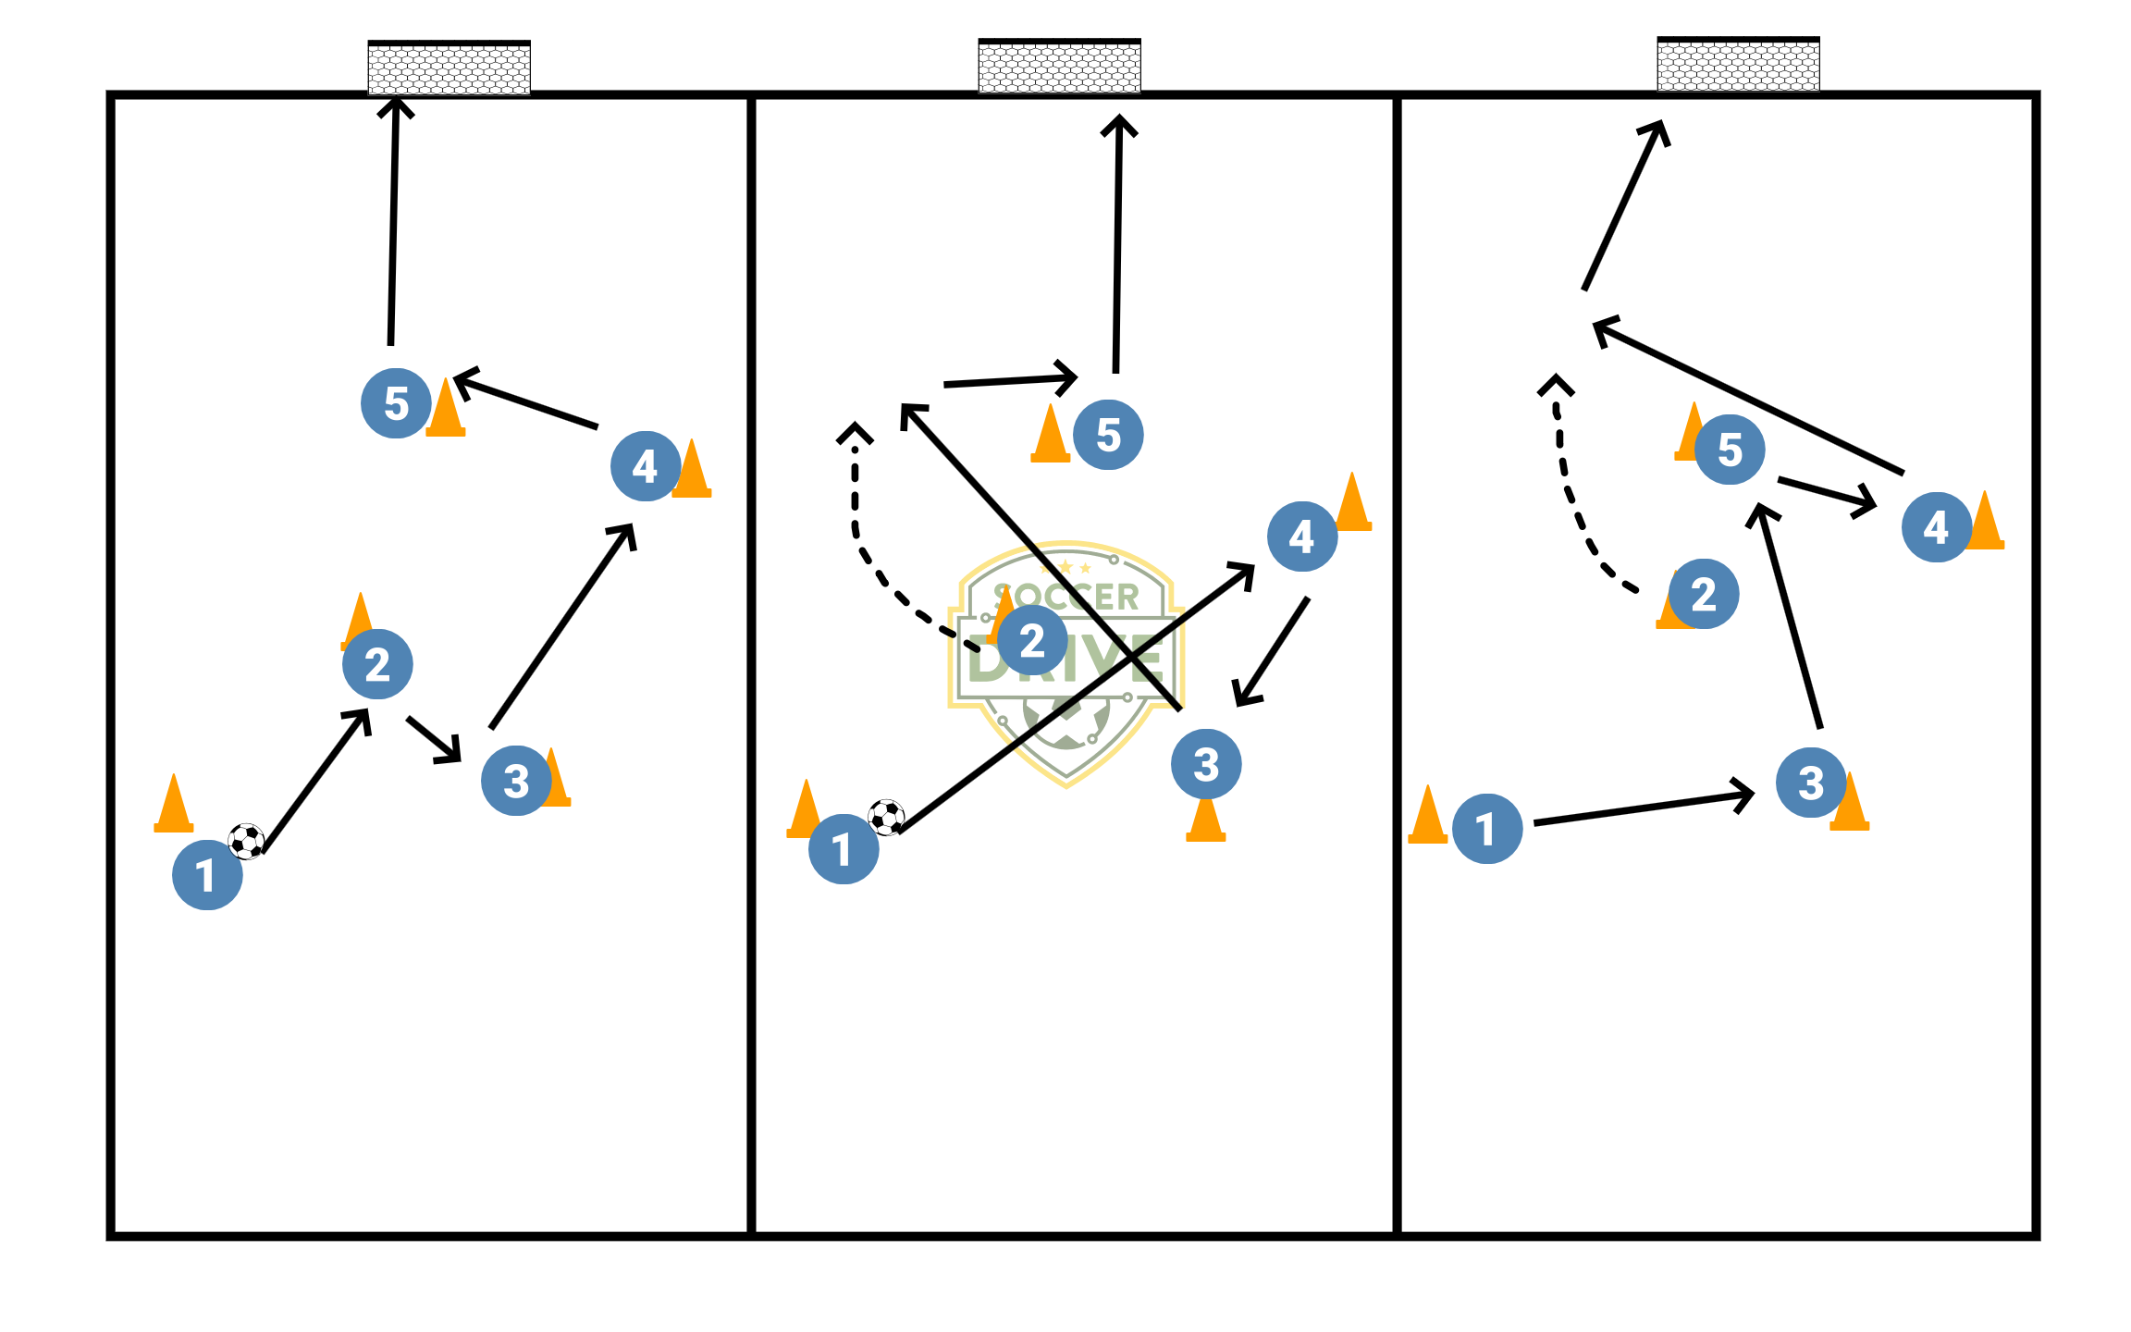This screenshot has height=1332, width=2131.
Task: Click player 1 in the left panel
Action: tap(207, 874)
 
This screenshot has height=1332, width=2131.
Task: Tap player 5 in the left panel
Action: tap(396, 403)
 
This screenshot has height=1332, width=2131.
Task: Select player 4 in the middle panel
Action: tap(1301, 536)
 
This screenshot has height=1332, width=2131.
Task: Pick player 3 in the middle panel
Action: tap(1206, 764)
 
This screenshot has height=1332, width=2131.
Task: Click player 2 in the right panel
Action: tap(1704, 594)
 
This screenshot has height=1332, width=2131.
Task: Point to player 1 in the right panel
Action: tap(1487, 829)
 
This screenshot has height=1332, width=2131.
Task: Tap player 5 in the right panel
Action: tap(1730, 450)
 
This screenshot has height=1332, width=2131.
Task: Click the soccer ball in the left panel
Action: tap(246, 841)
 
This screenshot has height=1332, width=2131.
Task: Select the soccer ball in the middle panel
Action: tap(886, 817)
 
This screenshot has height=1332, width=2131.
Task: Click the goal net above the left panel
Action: tap(449, 68)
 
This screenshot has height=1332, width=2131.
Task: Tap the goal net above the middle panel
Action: tap(1059, 67)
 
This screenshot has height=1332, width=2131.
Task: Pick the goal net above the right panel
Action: tap(1738, 65)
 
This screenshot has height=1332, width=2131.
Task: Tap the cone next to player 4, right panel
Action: tap(1986, 524)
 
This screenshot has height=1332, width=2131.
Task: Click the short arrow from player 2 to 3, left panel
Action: tap(434, 739)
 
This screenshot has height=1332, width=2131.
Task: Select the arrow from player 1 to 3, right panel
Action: tap(1642, 808)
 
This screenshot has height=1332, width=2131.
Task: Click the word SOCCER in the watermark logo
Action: tap(1066, 597)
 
